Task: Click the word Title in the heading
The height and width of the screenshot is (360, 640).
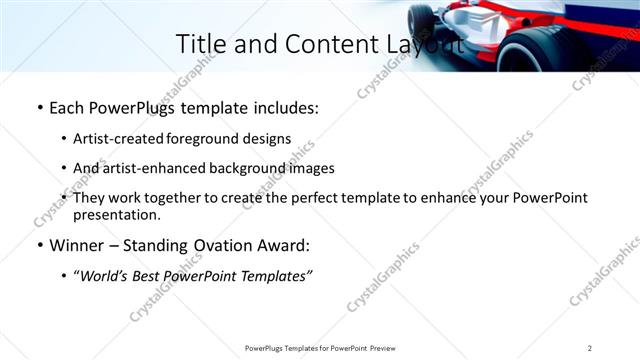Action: pyautogui.click(x=200, y=44)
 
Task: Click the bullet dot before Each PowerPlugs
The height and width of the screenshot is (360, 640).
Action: pyautogui.click(x=39, y=106)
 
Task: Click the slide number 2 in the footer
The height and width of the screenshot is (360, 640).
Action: pyautogui.click(x=589, y=348)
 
